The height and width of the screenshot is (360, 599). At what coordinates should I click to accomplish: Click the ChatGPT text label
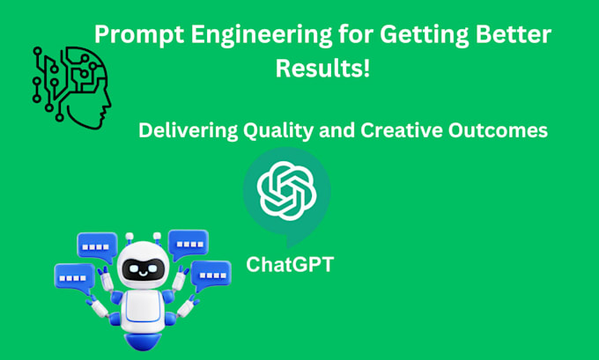pos(290,263)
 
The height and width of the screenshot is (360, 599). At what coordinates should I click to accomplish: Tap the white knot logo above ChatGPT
pos(286,192)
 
